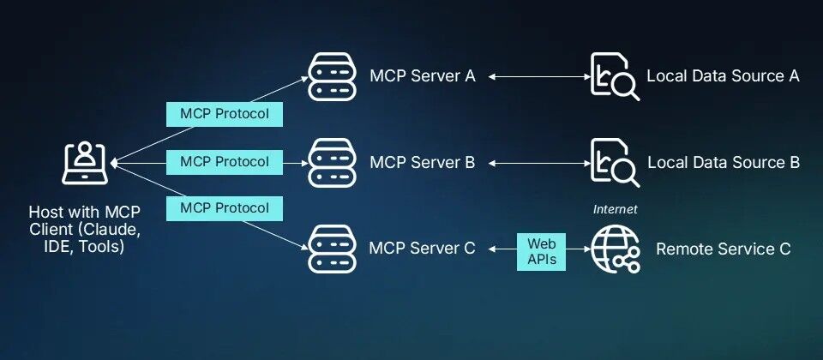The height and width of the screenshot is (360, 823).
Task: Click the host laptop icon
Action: [x=84, y=162]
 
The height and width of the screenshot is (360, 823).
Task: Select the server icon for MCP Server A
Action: [x=332, y=76]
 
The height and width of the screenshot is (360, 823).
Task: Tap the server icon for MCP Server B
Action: [x=332, y=162]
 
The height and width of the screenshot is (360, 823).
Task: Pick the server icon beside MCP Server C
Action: [x=332, y=249]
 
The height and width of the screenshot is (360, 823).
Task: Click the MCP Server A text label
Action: [x=422, y=76]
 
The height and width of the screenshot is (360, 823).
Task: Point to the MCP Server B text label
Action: [x=422, y=162]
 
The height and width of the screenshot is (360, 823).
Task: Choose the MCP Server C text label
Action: [x=422, y=249]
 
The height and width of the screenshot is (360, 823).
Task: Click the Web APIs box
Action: [x=541, y=249]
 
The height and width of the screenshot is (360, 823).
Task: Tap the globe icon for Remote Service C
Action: [x=615, y=249]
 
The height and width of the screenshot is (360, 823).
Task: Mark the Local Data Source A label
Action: [x=723, y=76]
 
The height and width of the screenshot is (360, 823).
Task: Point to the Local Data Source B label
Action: [x=723, y=162]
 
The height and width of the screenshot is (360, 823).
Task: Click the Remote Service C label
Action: [x=723, y=249]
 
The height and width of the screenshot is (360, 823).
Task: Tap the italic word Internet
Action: [x=615, y=209]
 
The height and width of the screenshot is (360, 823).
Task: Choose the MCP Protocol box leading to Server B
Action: [x=225, y=161]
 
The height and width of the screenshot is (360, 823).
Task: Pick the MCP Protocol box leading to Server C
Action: [x=225, y=207]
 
